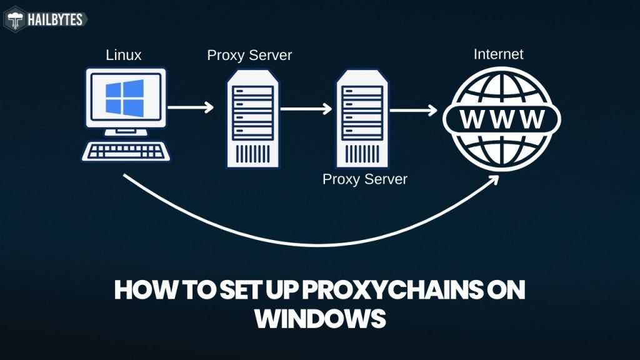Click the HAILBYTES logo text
(x=54, y=20)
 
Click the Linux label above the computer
(x=123, y=55)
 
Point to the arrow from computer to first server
(x=191, y=107)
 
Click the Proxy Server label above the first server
(x=249, y=55)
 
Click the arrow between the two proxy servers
(x=306, y=109)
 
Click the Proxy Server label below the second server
(x=364, y=179)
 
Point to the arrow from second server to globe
(x=413, y=110)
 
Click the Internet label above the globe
(x=498, y=54)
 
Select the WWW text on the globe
(x=502, y=118)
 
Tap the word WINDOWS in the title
(x=319, y=319)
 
